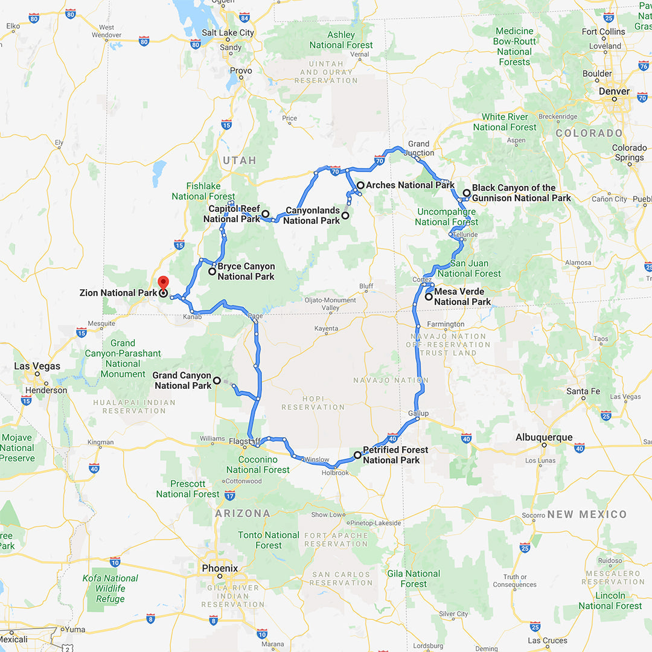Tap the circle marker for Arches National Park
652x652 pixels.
360,185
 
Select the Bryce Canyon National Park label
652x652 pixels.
246,271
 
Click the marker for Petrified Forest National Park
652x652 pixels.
357,455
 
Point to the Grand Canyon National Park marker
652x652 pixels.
217,380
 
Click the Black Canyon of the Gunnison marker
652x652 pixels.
466,193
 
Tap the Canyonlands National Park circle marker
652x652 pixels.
345,215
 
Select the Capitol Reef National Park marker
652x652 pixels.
265,214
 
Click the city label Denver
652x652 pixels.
615,92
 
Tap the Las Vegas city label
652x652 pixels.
37,366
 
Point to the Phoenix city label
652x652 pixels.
220,568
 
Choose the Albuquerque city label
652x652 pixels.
544,437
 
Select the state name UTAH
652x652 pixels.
240,161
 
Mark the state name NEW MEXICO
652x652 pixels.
587,514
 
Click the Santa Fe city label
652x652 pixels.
583,391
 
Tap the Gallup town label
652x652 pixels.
418,414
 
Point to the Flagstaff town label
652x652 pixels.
245,441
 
